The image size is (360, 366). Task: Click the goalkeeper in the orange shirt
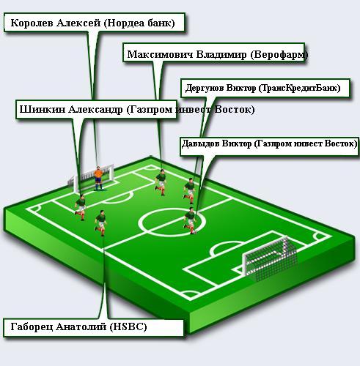98,178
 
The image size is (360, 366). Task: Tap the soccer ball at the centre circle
195,232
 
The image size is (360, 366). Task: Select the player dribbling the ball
189,220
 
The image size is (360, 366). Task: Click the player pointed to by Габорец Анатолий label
100,223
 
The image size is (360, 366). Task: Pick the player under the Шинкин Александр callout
81,207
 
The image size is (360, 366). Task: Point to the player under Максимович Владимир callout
161,182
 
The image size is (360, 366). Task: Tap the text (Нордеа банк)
139,23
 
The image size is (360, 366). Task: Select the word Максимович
160,54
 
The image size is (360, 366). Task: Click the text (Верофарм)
279,55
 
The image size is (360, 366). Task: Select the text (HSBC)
128,326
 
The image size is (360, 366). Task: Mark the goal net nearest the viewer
270,258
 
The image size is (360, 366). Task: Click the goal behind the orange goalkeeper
91,178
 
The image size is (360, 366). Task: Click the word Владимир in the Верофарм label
221,54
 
